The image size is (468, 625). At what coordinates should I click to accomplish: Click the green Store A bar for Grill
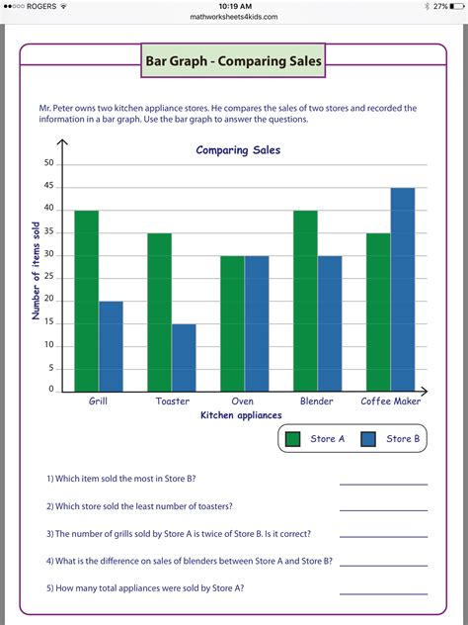tap(87, 301)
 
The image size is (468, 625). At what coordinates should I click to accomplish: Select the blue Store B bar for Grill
tap(111, 346)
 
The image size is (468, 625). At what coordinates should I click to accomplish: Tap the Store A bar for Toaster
tap(159, 312)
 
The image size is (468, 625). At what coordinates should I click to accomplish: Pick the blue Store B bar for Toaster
tap(184, 357)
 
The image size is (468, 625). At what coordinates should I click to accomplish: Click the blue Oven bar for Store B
tap(257, 323)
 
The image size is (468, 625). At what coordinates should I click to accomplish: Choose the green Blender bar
tap(305, 301)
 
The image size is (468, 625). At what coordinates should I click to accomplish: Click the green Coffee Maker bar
tap(378, 312)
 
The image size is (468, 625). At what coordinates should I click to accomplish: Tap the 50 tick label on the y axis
tap(48, 164)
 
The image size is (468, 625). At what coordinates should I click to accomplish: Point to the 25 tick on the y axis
tap(48, 278)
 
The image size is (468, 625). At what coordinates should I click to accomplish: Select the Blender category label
tap(317, 402)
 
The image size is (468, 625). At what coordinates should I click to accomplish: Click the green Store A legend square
tap(292, 439)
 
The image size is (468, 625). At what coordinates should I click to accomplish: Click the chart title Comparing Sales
tap(238, 150)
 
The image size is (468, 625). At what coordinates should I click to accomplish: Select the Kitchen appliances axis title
tap(241, 415)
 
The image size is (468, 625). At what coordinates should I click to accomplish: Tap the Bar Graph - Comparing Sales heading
tap(234, 62)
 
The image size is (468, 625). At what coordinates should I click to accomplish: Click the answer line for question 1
tap(383, 483)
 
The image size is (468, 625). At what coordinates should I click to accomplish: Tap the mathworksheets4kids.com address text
tap(235, 17)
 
